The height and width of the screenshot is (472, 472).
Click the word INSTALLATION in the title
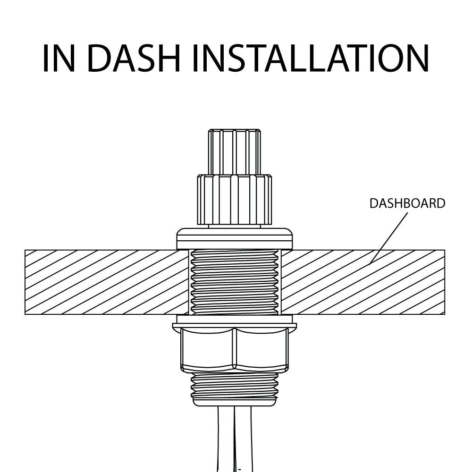point(311,58)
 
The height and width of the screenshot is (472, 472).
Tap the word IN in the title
point(59,58)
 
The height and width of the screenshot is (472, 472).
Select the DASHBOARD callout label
point(407,203)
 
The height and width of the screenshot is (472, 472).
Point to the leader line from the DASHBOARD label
point(388,238)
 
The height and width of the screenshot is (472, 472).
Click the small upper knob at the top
point(234,152)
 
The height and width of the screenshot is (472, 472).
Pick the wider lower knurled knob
point(235,200)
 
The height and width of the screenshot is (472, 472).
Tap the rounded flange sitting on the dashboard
point(235,239)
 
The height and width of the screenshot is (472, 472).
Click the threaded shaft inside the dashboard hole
point(235,282)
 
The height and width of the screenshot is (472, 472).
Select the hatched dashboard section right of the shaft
point(363,282)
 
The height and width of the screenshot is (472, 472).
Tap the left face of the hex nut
point(207,349)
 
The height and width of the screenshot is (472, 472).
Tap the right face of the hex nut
point(261,349)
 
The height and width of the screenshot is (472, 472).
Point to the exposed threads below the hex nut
point(235,385)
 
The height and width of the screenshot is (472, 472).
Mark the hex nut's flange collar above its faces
point(235,326)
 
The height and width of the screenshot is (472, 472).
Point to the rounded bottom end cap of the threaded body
point(235,402)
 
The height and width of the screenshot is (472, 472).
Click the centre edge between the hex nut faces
point(235,349)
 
